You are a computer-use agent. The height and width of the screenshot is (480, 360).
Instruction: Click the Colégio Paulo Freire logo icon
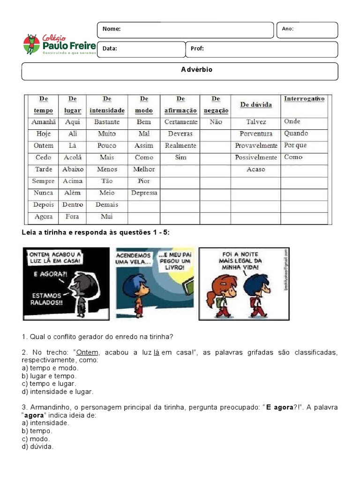point(31,44)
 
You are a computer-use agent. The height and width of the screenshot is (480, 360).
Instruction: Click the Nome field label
point(112,29)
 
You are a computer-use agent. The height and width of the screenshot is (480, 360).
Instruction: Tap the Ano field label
point(287,29)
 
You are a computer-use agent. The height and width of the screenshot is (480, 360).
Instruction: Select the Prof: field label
point(197,48)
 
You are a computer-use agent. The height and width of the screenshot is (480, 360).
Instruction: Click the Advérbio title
point(196,69)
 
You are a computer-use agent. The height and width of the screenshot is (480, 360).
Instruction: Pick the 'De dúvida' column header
point(255,105)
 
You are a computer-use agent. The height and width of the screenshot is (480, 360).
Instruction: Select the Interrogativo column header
point(304,99)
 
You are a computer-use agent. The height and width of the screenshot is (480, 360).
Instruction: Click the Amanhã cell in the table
point(43,122)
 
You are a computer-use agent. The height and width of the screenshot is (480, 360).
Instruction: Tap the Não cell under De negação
point(216,122)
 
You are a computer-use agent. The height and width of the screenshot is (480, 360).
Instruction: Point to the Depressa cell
point(144,193)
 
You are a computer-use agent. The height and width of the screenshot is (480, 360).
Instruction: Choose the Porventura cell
point(255,134)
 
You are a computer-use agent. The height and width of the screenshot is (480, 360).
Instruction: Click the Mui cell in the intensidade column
point(107,217)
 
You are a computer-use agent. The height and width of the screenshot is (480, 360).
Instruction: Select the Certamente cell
point(180,122)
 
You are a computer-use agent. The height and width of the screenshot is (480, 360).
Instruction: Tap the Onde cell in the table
point(292,121)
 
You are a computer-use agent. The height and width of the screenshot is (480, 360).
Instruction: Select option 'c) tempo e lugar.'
point(49,383)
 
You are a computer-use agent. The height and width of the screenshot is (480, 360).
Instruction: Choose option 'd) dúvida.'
point(37,447)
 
